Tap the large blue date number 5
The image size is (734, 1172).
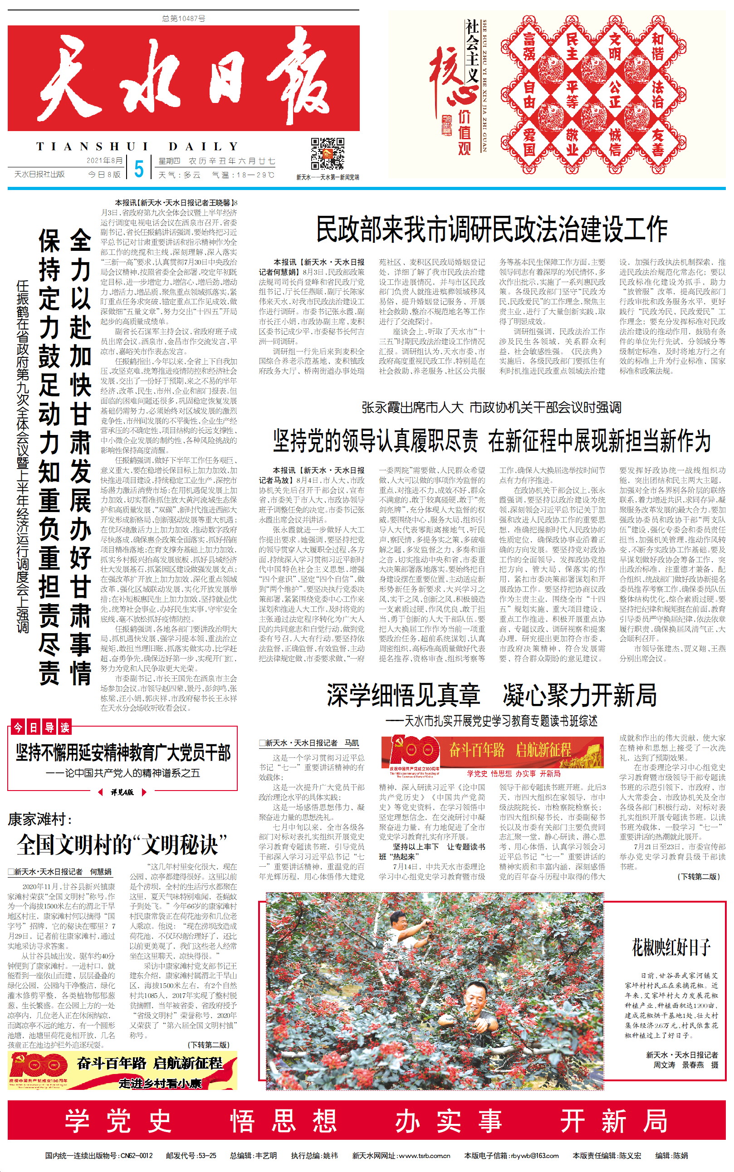pos(139,168)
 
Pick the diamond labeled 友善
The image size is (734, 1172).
pos(657,142)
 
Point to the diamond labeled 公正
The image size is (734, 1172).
pos(615,94)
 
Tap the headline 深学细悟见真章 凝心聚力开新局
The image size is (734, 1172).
pos(491,694)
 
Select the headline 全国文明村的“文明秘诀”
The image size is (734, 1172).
pos(122,845)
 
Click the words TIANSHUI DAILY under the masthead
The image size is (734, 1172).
pos(137,146)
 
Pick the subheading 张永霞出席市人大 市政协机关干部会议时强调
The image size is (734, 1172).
pos(491,407)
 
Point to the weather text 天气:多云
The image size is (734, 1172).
pos(180,175)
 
